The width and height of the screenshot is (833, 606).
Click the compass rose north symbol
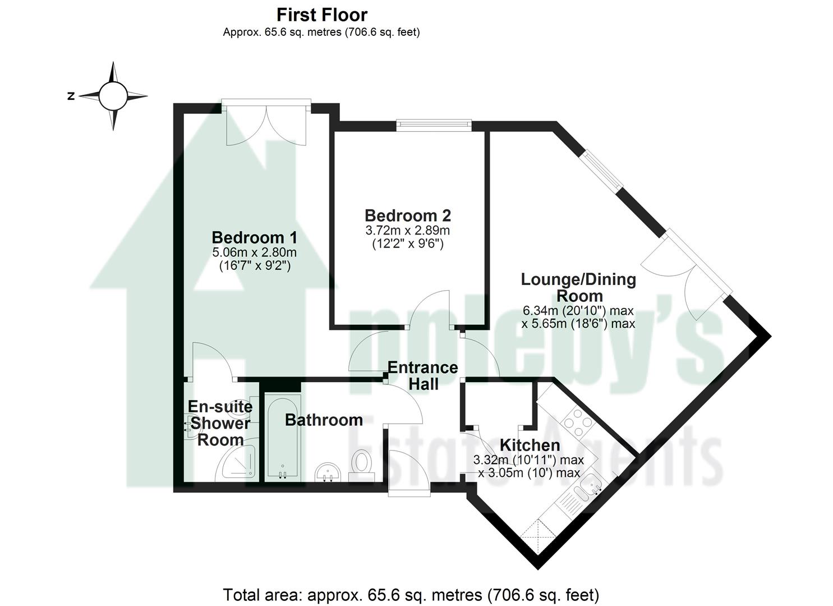pyautogui.click(x=71, y=96)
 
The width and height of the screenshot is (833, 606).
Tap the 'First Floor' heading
pyautogui.click(x=321, y=15)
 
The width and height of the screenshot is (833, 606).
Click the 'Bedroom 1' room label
pyautogui.click(x=254, y=237)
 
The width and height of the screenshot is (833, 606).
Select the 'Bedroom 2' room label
pyautogui.click(x=407, y=215)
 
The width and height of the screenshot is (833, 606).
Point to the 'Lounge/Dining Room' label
pyautogui.click(x=578, y=287)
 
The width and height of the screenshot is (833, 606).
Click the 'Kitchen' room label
pyautogui.click(x=530, y=446)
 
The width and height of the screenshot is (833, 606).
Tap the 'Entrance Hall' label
pyautogui.click(x=422, y=376)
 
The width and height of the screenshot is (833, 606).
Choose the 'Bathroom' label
pyautogui.click(x=324, y=420)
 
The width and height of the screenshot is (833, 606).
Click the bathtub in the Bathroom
pyautogui.click(x=283, y=438)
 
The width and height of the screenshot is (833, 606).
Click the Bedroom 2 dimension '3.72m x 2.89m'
pyautogui.click(x=407, y=231)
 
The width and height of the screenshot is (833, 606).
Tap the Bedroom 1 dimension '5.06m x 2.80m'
pyautogui.click(x=254, y=253)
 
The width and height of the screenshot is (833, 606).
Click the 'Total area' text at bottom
pyautogui.click(x=411, y=594)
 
